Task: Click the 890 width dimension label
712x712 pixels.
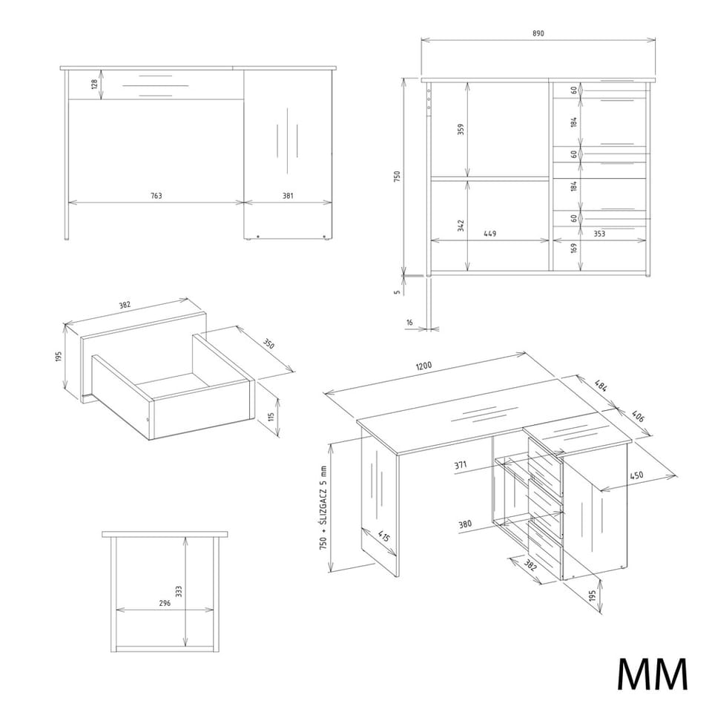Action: (538, 33)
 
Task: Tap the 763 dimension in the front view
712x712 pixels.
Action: (156, 196)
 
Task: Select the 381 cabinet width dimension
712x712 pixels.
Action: (288, 196)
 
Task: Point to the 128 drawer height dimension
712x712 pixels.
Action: (94, 84)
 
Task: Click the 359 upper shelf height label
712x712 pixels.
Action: (460, 130)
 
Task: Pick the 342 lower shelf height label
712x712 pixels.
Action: (461, 225)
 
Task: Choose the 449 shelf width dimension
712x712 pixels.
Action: (490, 234)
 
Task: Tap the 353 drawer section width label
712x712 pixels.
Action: (599, 234)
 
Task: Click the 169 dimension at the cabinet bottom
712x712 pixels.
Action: (574, 248)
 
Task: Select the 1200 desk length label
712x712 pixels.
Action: (423, 366)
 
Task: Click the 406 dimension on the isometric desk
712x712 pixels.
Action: (638, 416)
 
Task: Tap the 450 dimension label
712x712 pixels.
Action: (636, 475)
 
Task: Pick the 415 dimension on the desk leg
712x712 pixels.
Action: (383, 536)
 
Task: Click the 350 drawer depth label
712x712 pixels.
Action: (268, 344)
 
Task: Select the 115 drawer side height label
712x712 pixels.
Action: (271, 416)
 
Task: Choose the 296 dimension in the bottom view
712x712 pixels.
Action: (165, 603)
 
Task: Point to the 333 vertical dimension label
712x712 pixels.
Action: (179, 591)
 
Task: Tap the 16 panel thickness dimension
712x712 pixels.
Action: (409, 323)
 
